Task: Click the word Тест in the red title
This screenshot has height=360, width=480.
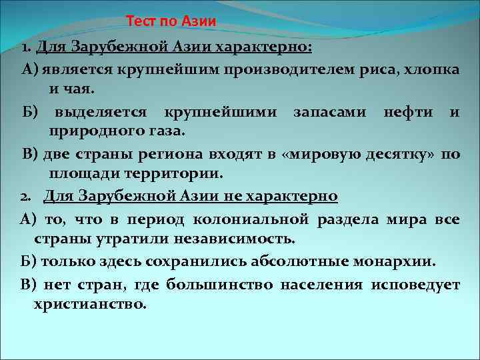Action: point(141,21)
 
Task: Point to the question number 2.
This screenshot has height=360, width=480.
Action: point(24,197)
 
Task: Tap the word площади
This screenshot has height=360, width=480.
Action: point(79,174)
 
